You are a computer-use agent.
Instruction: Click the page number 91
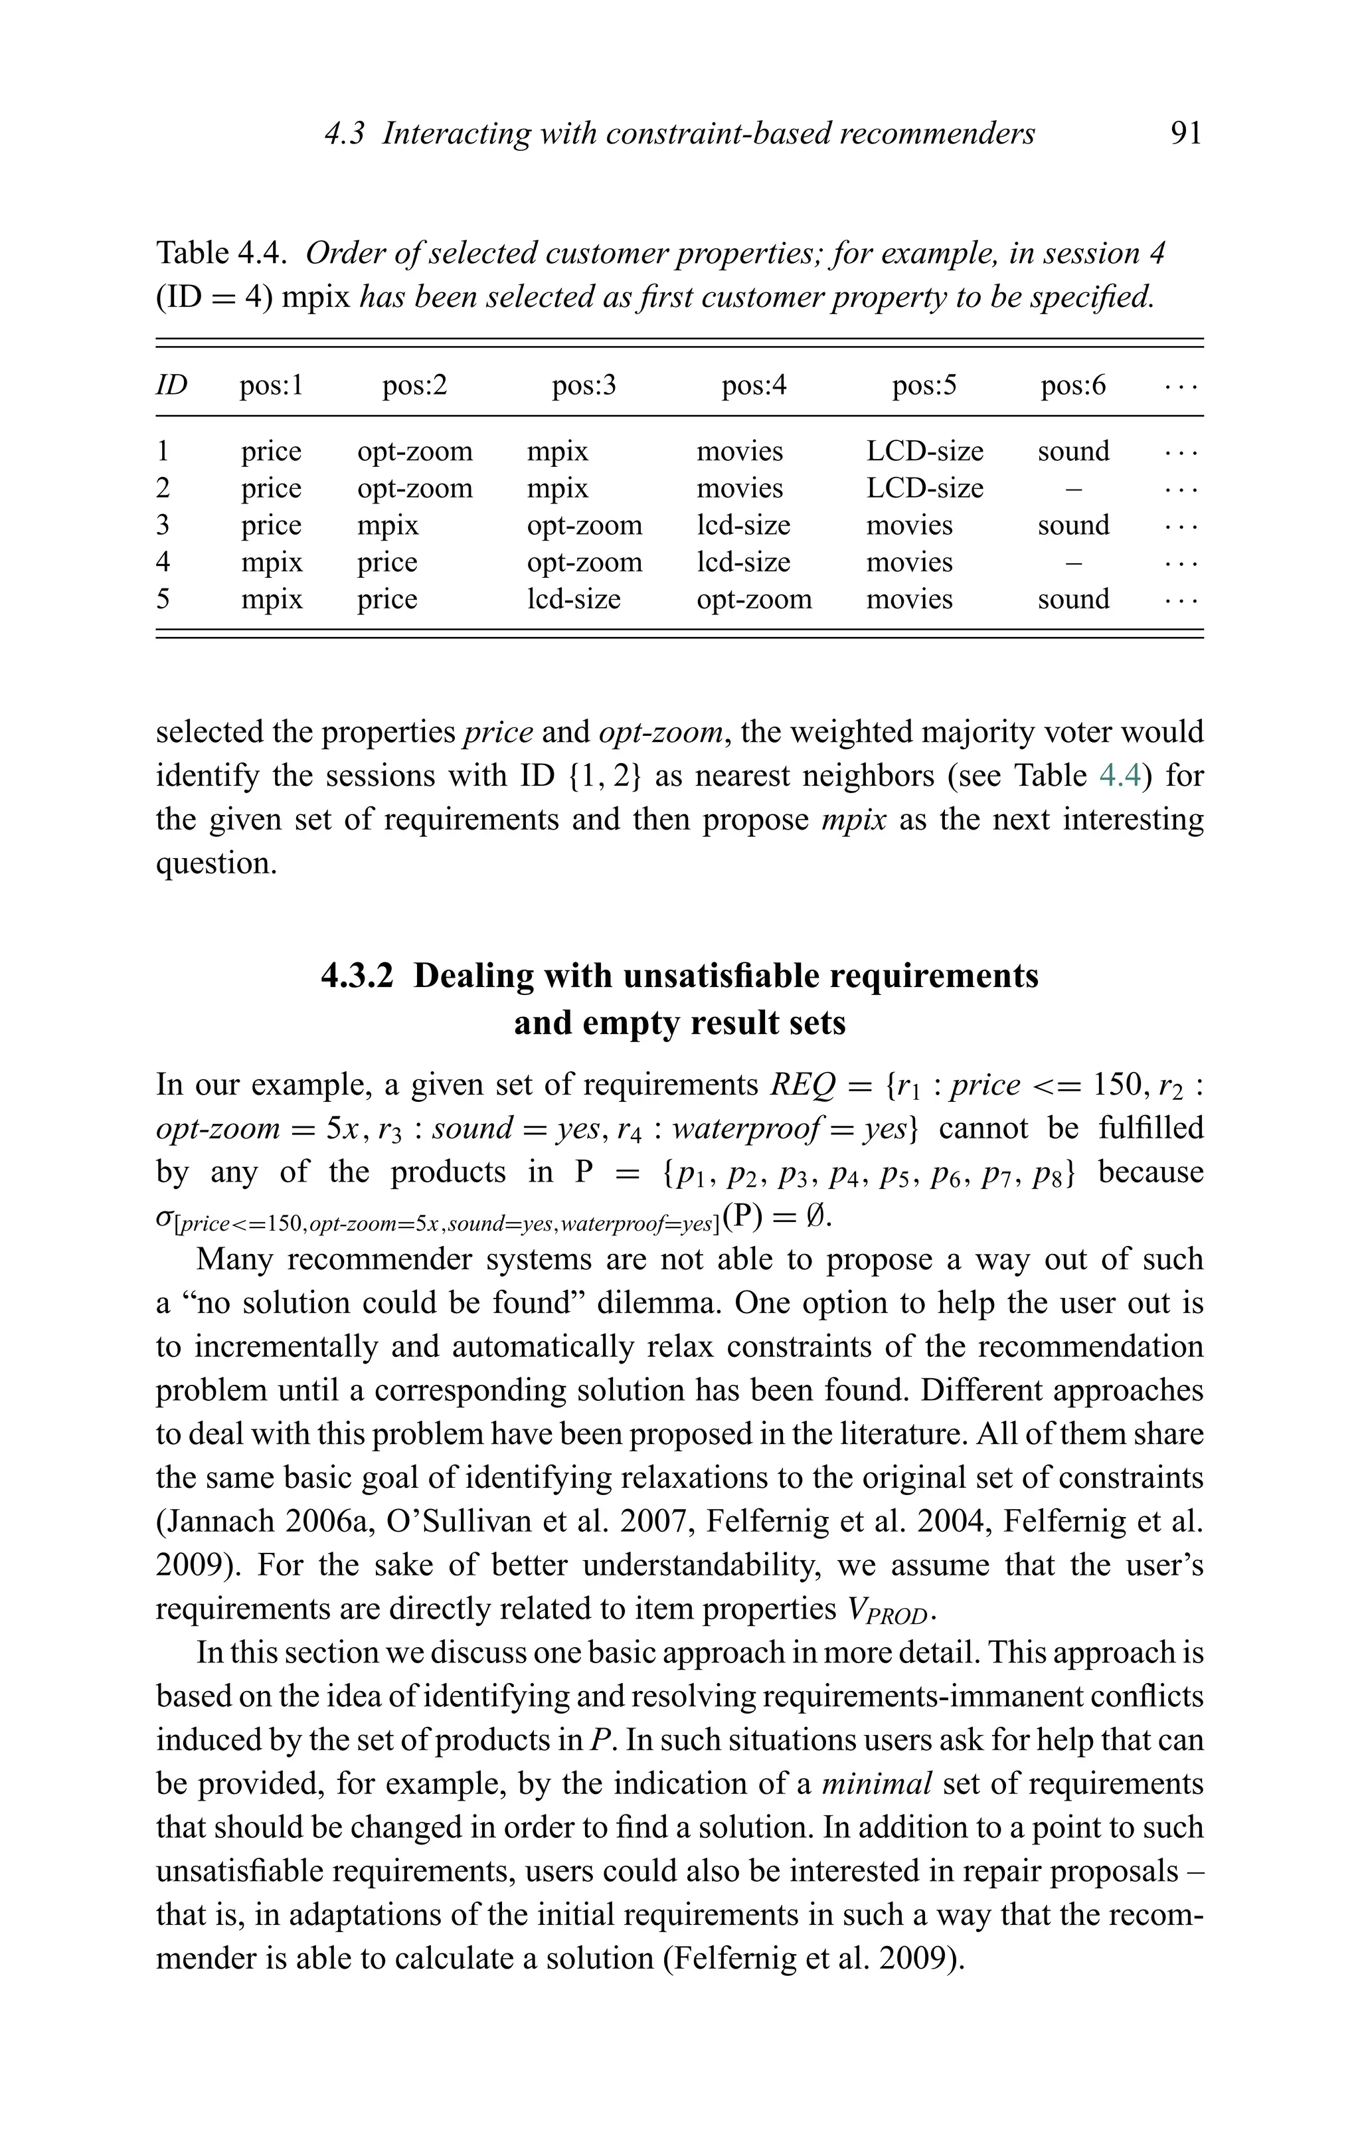click(x=1185, y=134)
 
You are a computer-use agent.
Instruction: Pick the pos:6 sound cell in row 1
click(x=1072, y=451)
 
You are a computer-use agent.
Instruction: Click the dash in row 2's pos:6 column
click(x=1072, y=488)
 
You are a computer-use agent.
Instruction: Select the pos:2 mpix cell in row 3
click(x=387, y=525)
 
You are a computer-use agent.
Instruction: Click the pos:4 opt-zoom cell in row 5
click(x=754, y=599)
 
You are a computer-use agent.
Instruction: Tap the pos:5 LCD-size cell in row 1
click(x=924, y=451)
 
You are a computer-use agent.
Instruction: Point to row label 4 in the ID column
click(x=163, y=562)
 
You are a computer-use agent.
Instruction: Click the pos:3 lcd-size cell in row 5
click(x=574, y=599)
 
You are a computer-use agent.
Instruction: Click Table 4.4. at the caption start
click(x=221, y=254)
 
